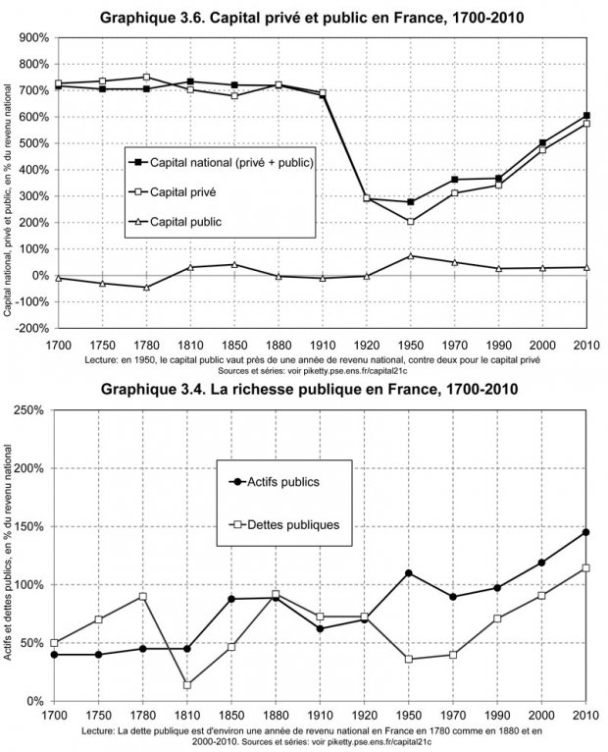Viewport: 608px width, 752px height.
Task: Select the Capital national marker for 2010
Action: [x=586, y=116]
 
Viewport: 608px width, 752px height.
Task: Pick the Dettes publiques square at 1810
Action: [x=186, y=684]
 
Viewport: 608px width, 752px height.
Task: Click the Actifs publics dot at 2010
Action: [x=586, y=532]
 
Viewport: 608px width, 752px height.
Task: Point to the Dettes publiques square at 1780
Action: [x=143, y=597]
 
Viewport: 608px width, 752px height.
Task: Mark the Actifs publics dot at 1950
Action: [x=408, y=573]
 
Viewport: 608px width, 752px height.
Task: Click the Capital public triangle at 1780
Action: [x=146, y=287]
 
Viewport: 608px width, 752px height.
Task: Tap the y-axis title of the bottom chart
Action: [x=12, y=555]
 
